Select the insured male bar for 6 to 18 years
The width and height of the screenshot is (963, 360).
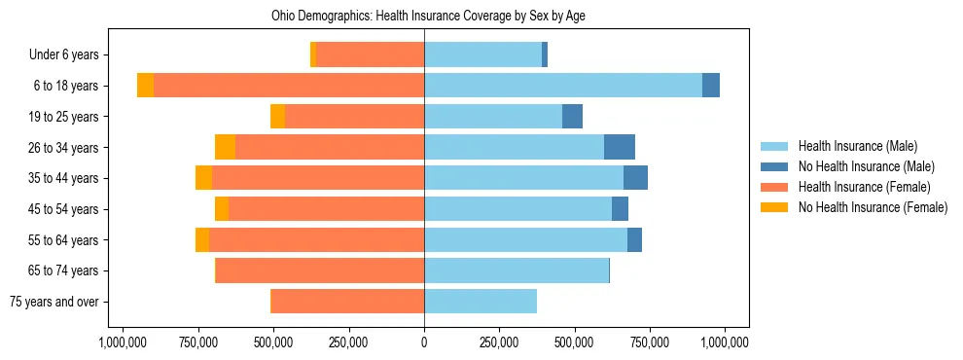point(563,86)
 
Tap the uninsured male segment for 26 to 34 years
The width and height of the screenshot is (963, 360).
point(620,147)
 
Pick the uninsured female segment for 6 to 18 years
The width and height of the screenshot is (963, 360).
point(145,86)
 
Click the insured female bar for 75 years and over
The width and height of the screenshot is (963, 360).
point(347,302)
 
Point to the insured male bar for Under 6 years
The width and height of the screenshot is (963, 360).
point(482,54)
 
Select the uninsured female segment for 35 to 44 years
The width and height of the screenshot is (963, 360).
point(203,178)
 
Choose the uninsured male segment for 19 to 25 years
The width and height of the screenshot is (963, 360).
point(572,117)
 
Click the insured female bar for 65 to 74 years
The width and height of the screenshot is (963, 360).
point(320,270)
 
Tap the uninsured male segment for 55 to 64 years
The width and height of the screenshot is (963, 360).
point(634,239)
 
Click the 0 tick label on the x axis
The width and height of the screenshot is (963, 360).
point(424,342)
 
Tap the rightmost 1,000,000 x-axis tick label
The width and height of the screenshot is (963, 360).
point(724,342)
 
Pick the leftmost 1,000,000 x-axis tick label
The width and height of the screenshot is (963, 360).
point(125,342)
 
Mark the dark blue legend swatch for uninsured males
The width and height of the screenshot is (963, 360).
point(774,166)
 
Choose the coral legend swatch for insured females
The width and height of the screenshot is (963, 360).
point(774,187)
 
